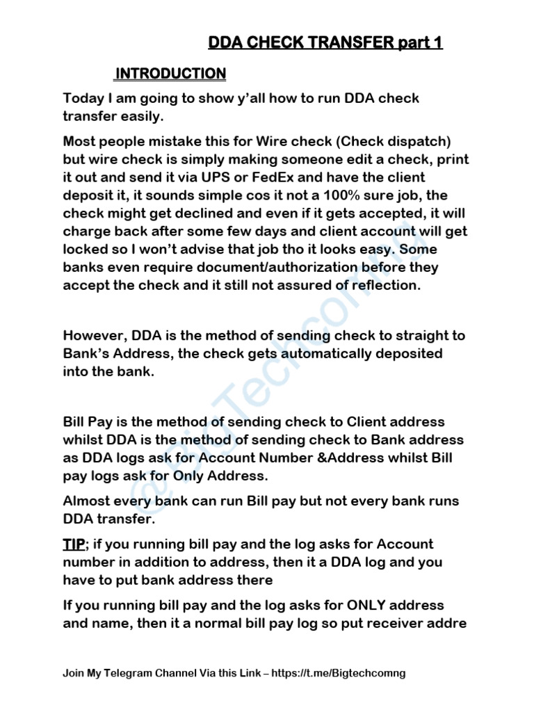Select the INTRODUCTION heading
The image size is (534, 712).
pos(170,74)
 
